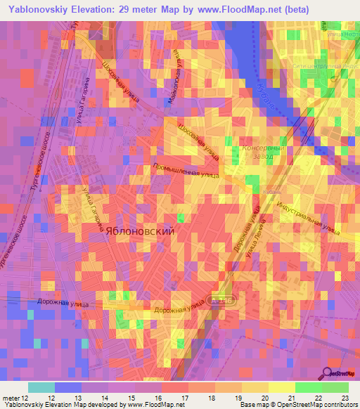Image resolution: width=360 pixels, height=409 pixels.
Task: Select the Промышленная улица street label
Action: (186, 172)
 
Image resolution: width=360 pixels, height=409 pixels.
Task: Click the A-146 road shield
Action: (221, 301)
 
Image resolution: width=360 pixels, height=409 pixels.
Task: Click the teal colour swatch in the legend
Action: (41, 387)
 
